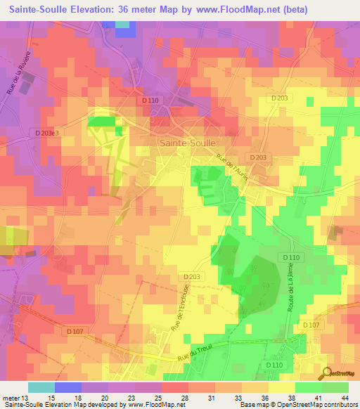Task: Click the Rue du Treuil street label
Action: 209,349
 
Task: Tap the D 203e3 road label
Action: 47,132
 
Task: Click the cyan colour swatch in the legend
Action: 41,387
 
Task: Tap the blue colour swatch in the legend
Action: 67,387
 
